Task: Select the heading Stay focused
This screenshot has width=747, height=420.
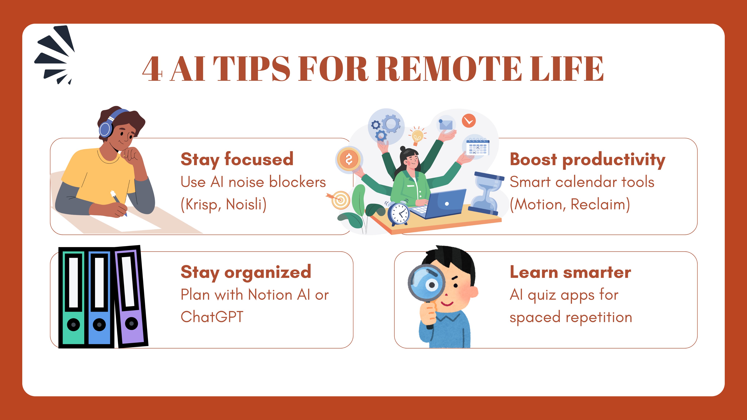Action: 237,160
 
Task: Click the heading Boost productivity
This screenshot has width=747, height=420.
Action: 587,160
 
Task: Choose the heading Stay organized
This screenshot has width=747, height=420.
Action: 246,273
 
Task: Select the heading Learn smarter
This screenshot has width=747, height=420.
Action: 570,273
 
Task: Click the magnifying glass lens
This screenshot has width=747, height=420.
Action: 426,283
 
